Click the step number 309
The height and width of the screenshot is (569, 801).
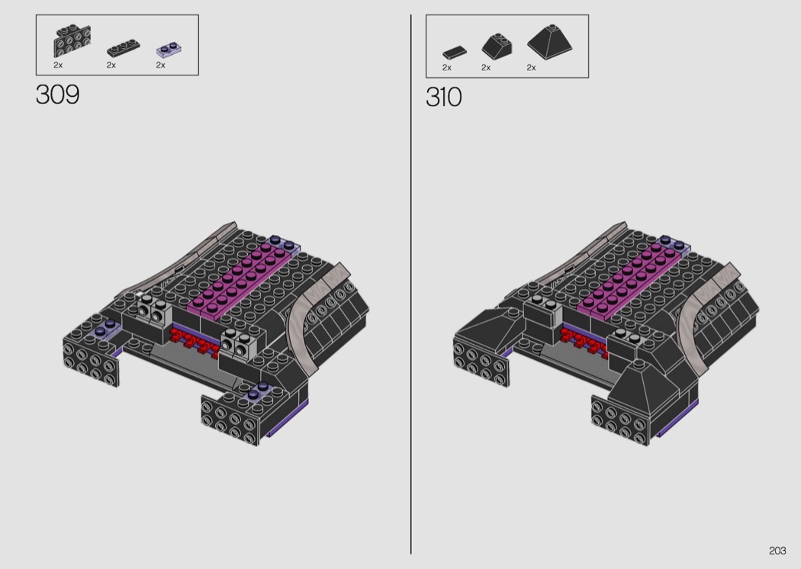point(58,95)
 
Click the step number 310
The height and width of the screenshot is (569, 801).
point(443,97)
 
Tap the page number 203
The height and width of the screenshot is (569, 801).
point(777,551)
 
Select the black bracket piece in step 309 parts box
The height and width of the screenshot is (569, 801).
point(72,41)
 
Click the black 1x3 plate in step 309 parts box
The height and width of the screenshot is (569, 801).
point(123,47)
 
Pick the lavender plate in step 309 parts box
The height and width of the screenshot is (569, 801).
point(169,49)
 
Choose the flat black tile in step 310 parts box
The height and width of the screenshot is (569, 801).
point(454,52)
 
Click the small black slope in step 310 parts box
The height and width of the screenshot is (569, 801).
point(497,47)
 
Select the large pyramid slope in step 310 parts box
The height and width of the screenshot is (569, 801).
point(549,42)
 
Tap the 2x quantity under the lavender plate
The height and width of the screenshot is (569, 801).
point(160,66)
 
